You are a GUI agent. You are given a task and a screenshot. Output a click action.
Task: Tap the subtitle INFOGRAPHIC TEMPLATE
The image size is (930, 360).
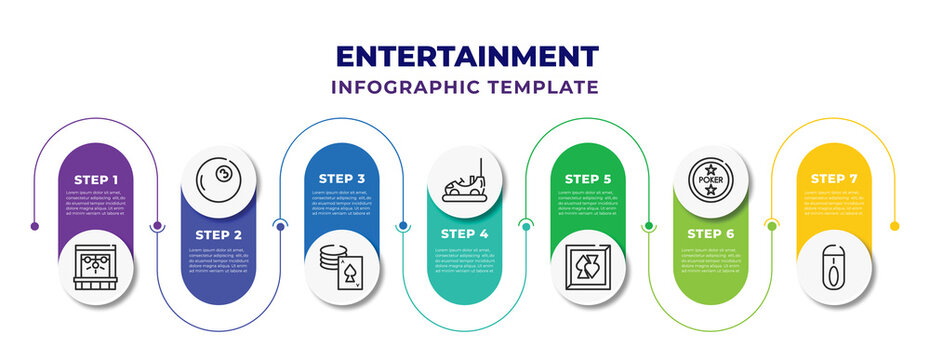point(465,88)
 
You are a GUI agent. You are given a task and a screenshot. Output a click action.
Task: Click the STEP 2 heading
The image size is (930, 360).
point(219,234)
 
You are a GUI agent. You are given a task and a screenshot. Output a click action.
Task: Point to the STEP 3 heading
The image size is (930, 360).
point(342,178)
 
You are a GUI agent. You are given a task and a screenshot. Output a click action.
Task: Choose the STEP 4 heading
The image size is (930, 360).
point(465,234)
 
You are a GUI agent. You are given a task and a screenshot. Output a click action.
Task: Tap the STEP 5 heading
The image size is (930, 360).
point(588,178)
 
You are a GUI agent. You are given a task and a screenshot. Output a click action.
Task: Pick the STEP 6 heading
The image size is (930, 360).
point(711,234)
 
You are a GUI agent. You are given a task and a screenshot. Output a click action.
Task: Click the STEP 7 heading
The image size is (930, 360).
point(834,178)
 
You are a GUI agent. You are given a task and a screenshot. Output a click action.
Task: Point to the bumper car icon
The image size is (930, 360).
point(465,180)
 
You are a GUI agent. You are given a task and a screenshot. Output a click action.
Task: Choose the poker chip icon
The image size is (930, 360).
point(711,179)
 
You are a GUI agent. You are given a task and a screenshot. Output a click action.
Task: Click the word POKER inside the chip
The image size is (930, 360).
point(711,180)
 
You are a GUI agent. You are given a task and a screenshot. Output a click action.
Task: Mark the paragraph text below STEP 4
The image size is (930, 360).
point(465,260)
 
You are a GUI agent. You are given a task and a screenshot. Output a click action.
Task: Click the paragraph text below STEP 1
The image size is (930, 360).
point(97,204)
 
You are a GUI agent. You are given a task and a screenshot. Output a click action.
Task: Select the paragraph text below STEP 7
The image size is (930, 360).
point(834,204)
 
